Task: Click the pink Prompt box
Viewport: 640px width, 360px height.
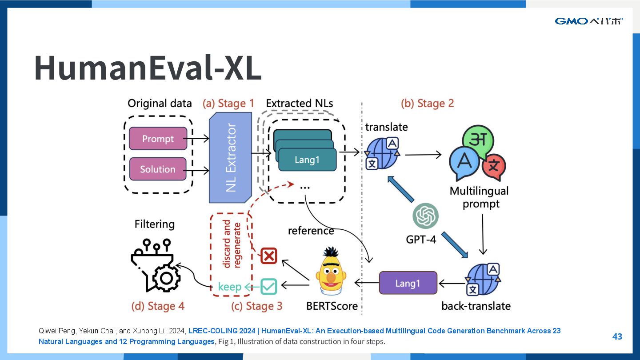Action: (x=158, y=139)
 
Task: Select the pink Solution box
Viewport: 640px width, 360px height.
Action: (x=158, y=169)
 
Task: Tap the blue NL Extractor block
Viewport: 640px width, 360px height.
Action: (x=230, y=158)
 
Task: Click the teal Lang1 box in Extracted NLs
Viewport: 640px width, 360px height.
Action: (x=307, y=160)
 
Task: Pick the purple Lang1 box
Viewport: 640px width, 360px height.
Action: (x=408, y=283)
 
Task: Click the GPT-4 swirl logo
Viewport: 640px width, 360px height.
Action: (x=425, y=216)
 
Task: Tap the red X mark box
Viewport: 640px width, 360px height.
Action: (x=268, y=256)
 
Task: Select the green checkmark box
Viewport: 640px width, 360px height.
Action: (x=268, y=286)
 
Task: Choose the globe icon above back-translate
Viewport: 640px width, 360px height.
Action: (x=483, y=280)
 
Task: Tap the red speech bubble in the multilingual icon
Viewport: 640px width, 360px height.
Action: (x=493, y=167)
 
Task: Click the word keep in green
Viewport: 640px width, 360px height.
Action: (x=229, y=287)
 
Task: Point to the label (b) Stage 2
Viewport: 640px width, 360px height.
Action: (x=427, y=104)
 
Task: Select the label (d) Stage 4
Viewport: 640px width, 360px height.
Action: (x=158, y=306)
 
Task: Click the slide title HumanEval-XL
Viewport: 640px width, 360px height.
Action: (x=148, y=68)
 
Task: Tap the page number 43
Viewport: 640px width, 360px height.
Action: (x=617, y=336)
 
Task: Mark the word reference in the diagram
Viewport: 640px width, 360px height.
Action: (x=311, y=231)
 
